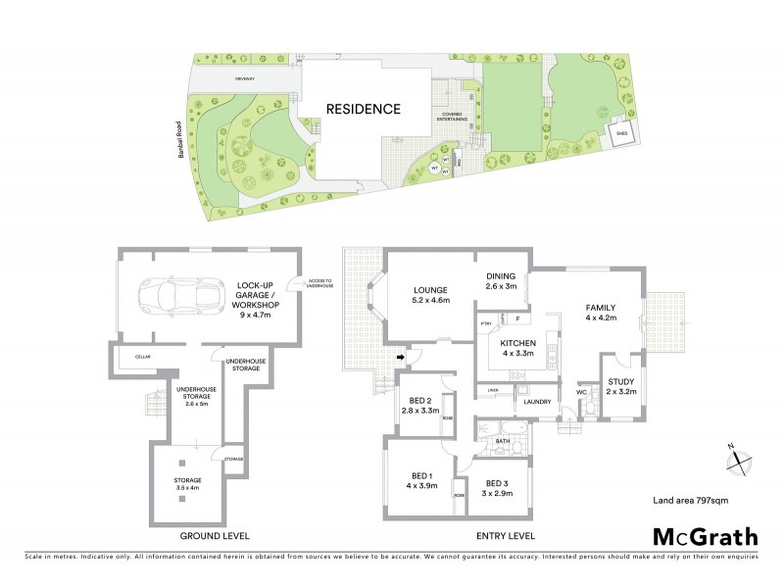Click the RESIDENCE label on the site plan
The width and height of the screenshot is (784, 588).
[364, 109]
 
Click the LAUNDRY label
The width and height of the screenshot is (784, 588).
[539, 401]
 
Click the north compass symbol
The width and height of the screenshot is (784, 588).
[737, 457]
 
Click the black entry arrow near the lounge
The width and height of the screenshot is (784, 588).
[399, 358]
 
